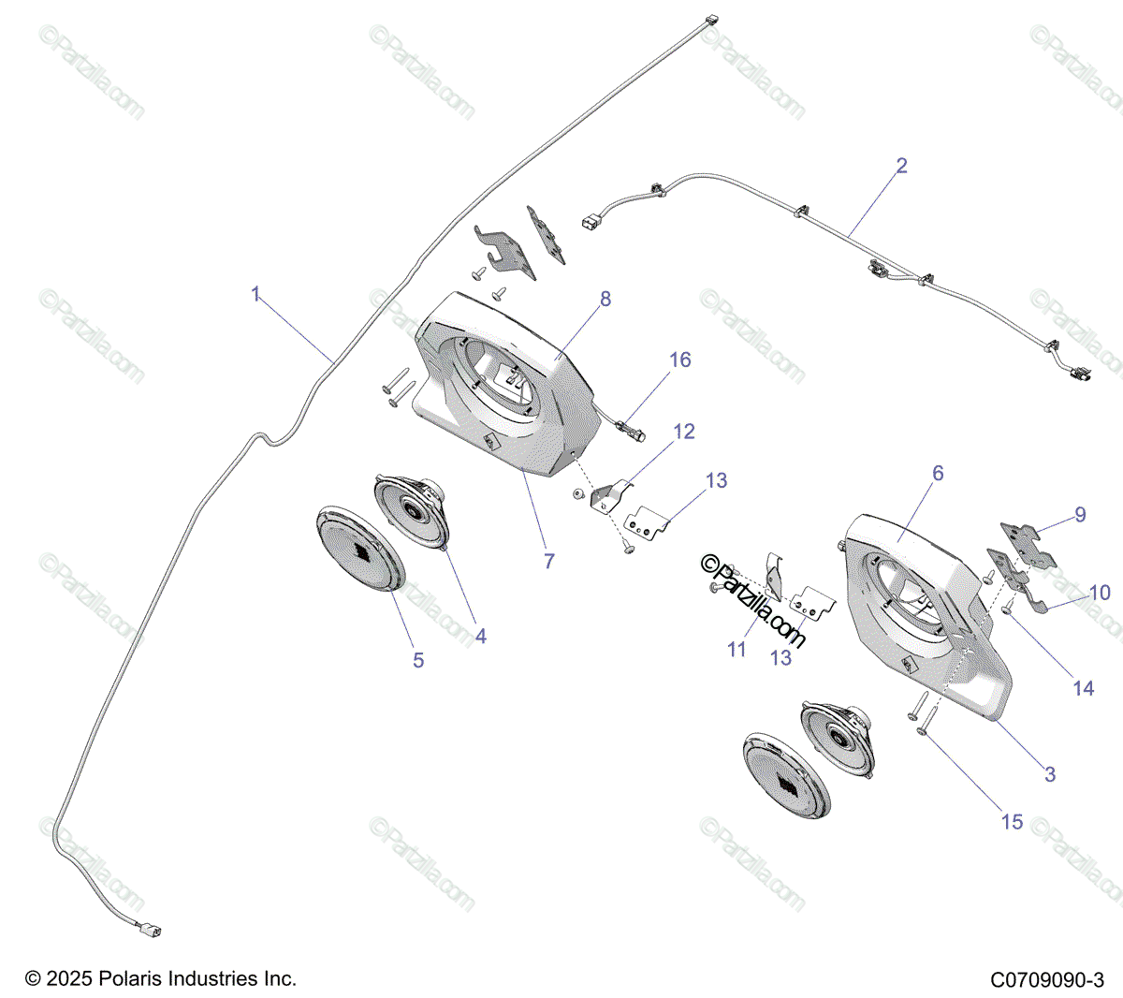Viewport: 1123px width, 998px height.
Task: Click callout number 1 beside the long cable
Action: pos(255,295)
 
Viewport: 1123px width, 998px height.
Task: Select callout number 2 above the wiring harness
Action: pos(901,166)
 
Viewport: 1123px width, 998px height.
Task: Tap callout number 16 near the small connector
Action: pos(680,360)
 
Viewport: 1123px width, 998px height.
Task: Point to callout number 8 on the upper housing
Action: pos(605,299)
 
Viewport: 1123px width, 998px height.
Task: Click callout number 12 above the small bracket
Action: pos(684,432)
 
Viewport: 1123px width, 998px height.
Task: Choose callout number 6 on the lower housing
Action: pos(938,474)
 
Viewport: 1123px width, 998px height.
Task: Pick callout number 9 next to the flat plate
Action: pos(1080,515)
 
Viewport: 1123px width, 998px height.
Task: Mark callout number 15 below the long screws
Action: pos(1012,822)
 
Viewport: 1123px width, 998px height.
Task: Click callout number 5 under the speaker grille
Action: pos(418,661)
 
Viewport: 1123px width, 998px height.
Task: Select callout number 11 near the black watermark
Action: pos(737,649)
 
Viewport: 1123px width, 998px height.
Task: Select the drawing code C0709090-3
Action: pos(1047,980)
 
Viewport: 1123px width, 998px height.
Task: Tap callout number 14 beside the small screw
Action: pos(1083,688)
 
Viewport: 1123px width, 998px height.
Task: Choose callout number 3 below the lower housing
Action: pos(1050,774)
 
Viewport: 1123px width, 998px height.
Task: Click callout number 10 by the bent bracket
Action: pos(1100,593)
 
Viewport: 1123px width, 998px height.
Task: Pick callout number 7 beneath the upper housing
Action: pos(549,561)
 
